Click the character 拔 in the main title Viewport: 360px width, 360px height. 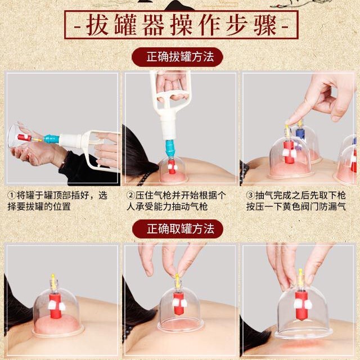click(x=97, y=25)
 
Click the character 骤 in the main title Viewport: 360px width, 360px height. click(x=265, y=25)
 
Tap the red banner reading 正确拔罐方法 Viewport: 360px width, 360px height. click(x=177, y=57)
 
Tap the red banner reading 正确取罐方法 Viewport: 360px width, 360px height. click(x=178, y=229)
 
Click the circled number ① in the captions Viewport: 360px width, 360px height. click(x=11, y=196)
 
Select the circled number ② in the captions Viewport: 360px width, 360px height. click(x=130, y=196)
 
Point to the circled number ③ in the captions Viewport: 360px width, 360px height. click(x=250, y=196)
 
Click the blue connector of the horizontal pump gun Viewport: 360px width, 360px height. click(x=51, y=139)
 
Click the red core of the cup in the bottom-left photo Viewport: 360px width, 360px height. click(x=55, y=306)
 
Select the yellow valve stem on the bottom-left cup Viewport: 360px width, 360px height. click(x=53, y=281)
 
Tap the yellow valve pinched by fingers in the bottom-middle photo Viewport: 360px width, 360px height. click(x=177, y=281)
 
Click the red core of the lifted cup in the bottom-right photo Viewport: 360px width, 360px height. click(x=301, y=305)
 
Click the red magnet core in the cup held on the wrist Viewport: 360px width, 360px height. click(x=24, y=137)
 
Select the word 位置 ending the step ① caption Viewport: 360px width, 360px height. click(x=62, y=206)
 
